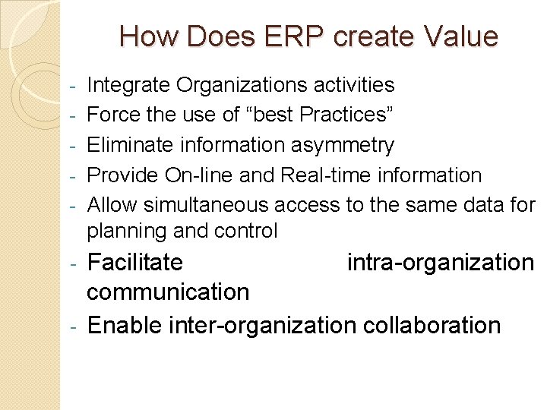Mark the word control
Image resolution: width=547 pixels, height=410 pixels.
pos(244,230)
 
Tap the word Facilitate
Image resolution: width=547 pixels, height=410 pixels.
pos(135,263)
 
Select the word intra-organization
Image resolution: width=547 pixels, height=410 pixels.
pos(441,263)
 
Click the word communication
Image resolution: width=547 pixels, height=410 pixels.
pos(168,292)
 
